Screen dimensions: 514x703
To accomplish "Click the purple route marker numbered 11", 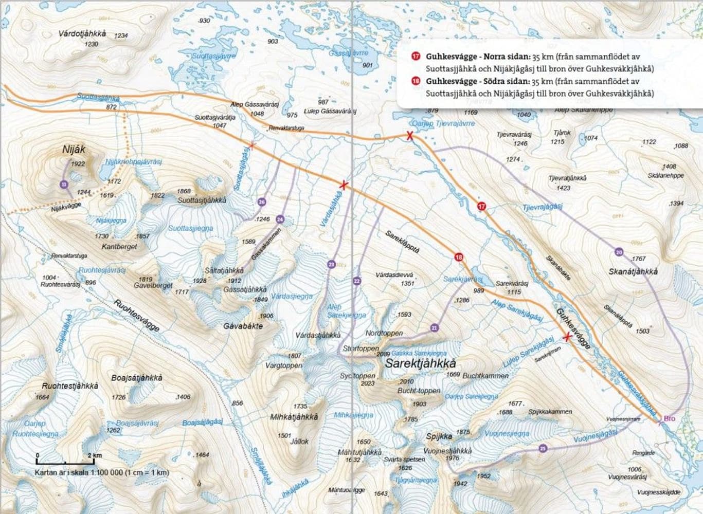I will pyautogui.click(x=64, y=185).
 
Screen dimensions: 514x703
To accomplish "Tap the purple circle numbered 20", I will pyautogui.click(x=619, y=252).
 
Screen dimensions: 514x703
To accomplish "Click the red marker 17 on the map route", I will pyautogui.click(x=481, y=206).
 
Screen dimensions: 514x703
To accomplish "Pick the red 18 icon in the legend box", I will pyautogui.click(x=416, y=81).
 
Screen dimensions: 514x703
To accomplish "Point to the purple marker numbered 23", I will pyautogui.click(x=331, y=264).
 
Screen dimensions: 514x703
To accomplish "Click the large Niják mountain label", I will pyautogui.click(x=74, y=150).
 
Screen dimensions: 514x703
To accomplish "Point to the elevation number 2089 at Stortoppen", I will pyautogui.click(x=383, y=354).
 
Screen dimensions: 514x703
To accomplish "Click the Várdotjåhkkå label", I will pyautogui.click(x=82, y=33).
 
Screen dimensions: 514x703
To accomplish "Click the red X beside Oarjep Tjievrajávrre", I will pyautogui.click(x=409, y=136).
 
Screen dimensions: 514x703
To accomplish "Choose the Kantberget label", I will pyautogui.click(x=119, y=247).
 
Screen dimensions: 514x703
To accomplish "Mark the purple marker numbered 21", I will pyautogui.click(x=435, y=328).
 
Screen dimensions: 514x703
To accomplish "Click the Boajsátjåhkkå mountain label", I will pyautogui.click(x=137, y=378).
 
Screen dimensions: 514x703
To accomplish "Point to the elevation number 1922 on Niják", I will pyautogui.click(x=78, y=164).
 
